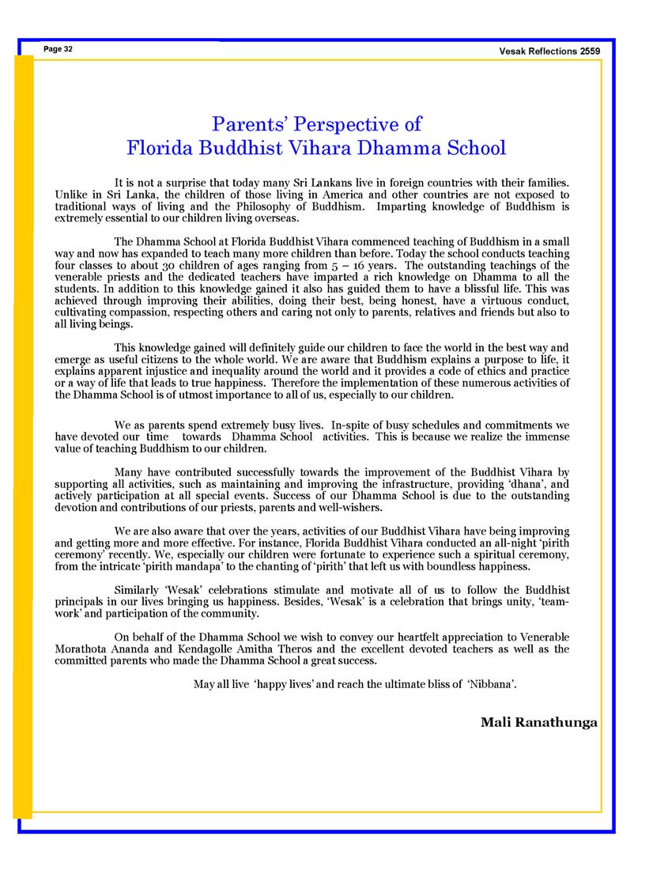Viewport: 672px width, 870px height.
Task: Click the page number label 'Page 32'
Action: (59, 49)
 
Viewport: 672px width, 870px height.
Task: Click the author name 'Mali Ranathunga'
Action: (538, 722)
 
